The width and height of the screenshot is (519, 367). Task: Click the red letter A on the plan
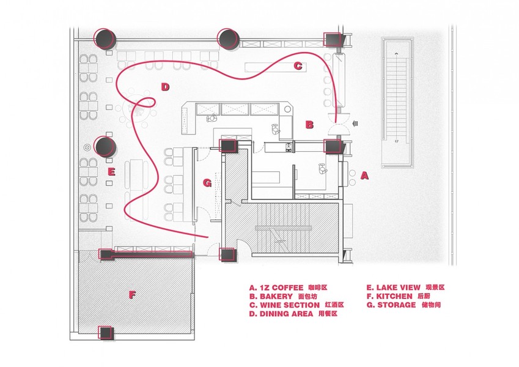point(364,175)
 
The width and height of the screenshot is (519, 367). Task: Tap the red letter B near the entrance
point(309,125)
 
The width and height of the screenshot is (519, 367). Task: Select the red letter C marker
point(298,66)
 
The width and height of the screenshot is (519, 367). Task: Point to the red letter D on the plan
point(165,87)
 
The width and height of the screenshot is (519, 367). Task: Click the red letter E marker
point(111,172)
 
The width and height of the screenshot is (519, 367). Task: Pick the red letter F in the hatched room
point(132,294)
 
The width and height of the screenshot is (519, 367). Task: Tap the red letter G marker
point(207,182)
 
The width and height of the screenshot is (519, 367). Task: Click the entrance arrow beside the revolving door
point(356,124)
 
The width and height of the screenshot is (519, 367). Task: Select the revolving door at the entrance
point(338,124)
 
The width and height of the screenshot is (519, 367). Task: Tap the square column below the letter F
point(106,333)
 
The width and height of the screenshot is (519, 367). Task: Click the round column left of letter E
point(105,146)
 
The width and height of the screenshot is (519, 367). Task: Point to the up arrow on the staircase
point(397,54)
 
